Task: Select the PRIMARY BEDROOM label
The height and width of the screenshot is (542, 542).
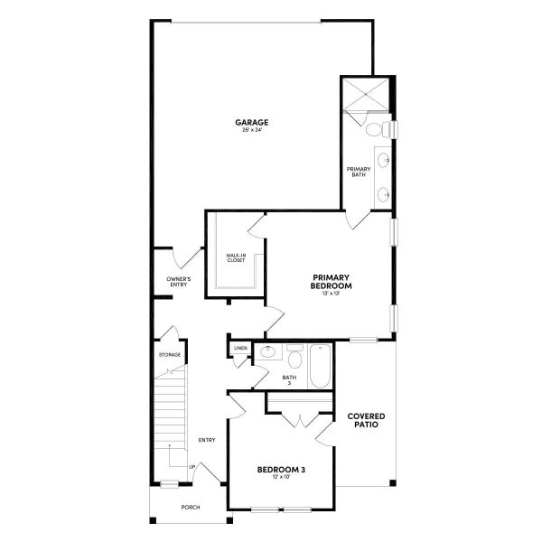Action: pyautogui.click(x=332, y=281)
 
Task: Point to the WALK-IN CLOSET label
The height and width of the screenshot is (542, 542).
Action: pyautogui.click(x=236, y=258)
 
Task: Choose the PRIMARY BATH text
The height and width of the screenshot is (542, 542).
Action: pyautogui.click(x=358, y=172)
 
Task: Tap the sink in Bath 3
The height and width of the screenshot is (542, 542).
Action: pyautogui.click(x=266, y=352)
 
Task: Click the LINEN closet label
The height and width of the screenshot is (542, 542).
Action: pyautogui.click(x=240, y=348)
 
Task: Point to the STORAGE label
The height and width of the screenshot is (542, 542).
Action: pyautogui.click(x=170, y=355)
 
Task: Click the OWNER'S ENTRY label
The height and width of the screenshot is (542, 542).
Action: pyautogui.click(x=178, y=282)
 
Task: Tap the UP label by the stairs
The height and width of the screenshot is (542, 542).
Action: pyautogui.click(x=192, y=466)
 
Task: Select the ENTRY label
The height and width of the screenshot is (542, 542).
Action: pyautogui.click(x=207, y=440)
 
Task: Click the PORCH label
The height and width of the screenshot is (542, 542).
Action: pyautogui.click(x=191, y=508)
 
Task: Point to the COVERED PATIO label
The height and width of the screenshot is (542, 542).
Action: pyautogui.click(x=366, y=420)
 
